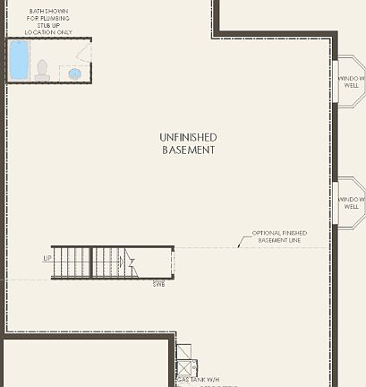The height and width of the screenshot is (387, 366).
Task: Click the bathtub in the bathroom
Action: point(19,61)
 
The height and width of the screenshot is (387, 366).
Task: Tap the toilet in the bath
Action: point(42,70)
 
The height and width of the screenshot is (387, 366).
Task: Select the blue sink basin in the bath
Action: point(75,73)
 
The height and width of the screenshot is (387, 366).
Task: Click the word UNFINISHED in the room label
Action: point(188,137)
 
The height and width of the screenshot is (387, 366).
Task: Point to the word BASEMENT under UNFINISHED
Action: point(188,150)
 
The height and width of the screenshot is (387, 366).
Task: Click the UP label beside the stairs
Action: point(47,259)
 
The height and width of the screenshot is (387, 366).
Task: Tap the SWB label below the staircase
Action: point(158,284)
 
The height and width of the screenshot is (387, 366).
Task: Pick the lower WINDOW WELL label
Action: point(351,202)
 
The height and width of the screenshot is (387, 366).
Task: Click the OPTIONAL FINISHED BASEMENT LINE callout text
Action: point(281,236)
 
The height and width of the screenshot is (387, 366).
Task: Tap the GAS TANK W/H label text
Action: point(195,380)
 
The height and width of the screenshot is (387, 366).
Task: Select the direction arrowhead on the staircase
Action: point(130,262)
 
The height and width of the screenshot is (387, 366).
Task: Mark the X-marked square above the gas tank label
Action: point(187,367)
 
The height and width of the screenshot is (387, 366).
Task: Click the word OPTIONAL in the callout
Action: point(266,231)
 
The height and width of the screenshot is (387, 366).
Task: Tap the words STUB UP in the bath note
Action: point(42,26)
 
